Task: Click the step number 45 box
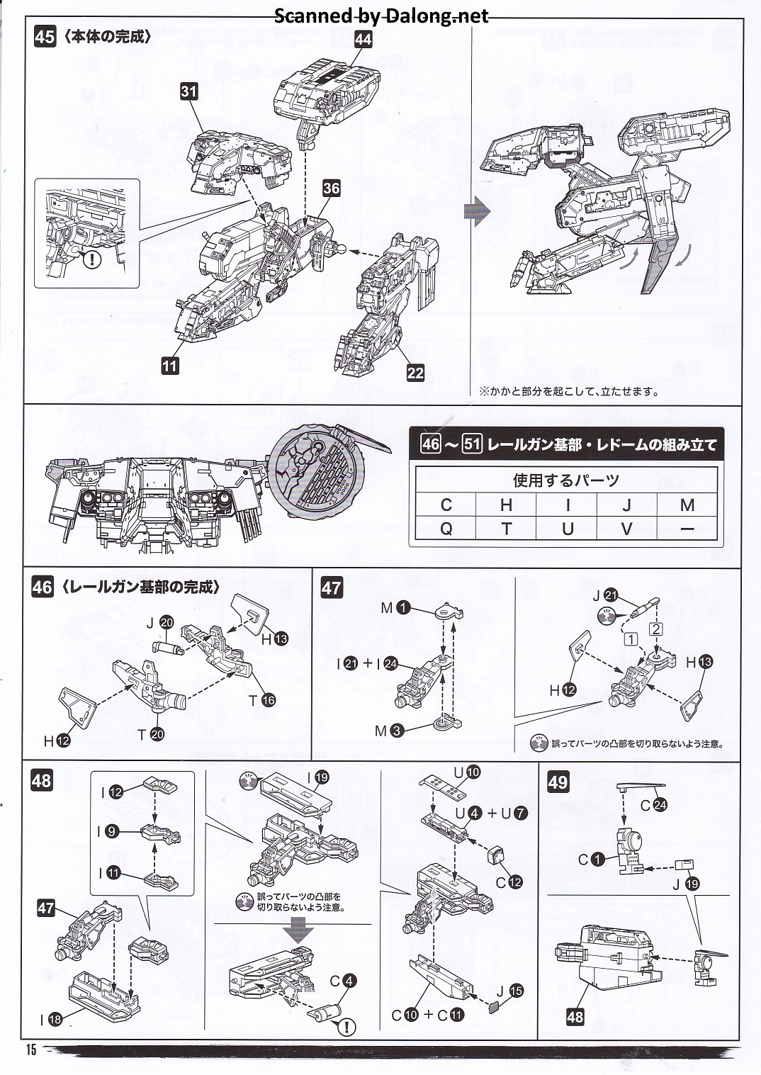click(x=45, y=36)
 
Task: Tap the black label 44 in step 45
click(x=363, y=40)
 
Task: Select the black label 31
click(x=188, y=91)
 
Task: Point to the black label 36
click(x=331, y=188)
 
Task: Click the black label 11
click(x=169, y=366)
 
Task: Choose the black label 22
click(x=415, y=373)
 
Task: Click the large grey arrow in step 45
click(x=477, y=211)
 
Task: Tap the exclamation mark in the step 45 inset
click(x=92, y=259)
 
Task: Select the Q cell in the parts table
click(x=446, y=529)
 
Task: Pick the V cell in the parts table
click(x=626, y=529)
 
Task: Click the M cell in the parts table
click(x=687, y=505)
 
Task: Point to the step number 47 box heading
click(x=332, y=587)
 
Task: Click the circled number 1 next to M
click(x=403, y=607)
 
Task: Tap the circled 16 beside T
click(x=268, y=700)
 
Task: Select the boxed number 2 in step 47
click(x=656, y=629)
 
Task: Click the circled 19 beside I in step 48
click(x=321, y=777)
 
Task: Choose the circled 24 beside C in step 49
click(x=660, y=805)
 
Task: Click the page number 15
click(x=31, y=1050)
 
